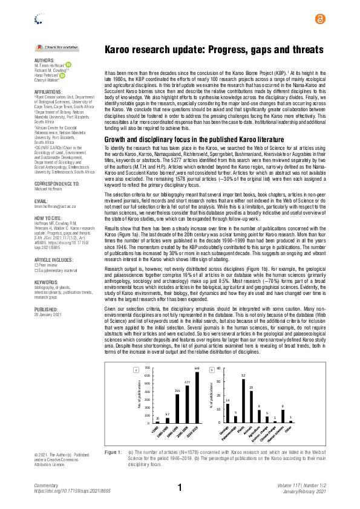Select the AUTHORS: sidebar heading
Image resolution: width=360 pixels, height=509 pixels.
point(44,60)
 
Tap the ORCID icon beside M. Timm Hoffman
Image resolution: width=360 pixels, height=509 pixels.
point(68,65)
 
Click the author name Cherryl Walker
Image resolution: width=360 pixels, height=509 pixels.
point(46,79)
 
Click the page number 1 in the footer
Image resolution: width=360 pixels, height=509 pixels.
point(180,488)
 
